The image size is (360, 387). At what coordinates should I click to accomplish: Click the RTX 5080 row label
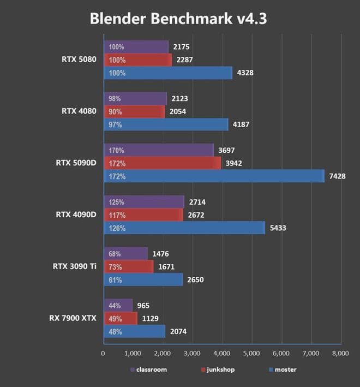point(80,59)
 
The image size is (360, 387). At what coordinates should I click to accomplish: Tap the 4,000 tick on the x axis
point(222,354)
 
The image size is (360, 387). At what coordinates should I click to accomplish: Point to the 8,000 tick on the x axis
point(340,354)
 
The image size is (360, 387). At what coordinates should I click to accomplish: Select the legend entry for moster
point(283,370)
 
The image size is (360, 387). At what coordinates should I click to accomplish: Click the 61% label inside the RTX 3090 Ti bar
point(116,279)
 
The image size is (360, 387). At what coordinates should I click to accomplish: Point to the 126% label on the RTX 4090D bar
point(118,228)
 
